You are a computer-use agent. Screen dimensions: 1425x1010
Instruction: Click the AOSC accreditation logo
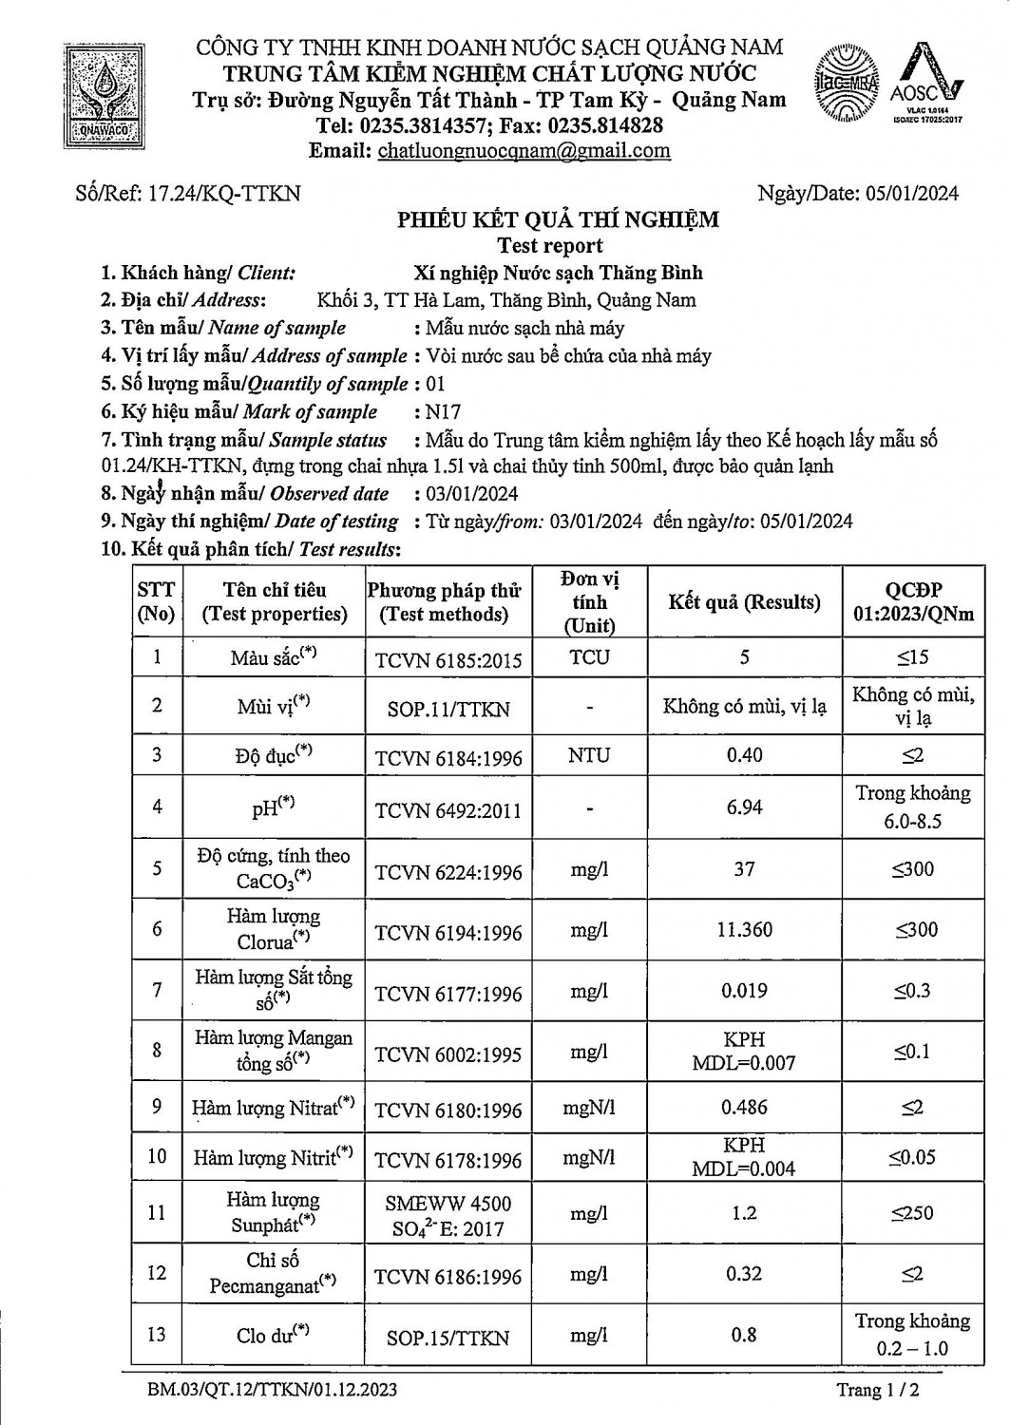pyautogui.click(x=926, y=85)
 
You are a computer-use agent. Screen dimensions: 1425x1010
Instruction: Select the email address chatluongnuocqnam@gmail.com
pyautogui.click(x=524, y=150)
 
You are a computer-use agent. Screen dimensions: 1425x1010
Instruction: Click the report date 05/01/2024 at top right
pyautogui.click(x=912, y=194)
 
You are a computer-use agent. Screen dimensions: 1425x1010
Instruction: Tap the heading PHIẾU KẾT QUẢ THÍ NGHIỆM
pyautogui.click(x=558, y=220)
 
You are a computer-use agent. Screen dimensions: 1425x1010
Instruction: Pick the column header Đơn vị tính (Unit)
pyautogui.click(x=589, y=602)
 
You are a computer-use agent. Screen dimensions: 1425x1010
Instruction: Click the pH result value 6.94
pyautogui.click(x=744, y=807)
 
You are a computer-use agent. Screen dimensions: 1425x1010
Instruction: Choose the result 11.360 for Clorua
pyautogui.click(x=744, y=929)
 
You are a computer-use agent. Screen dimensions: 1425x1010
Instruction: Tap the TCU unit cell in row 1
pyautogui.click(x=589, y=657)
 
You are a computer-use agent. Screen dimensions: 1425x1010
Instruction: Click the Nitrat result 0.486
pyautogui.click(x=744, y=1108)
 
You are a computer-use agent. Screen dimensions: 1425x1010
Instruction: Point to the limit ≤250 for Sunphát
pyautogui.click(x=912, y=1213)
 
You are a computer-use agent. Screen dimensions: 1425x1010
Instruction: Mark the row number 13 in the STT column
pyautogui.click(x=157, y=1334)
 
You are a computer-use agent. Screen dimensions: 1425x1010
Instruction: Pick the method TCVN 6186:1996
pyautogui.click(x=448, y=1276)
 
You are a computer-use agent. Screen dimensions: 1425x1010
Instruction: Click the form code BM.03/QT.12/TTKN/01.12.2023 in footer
pyautogui.click(x=272, y=1391)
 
